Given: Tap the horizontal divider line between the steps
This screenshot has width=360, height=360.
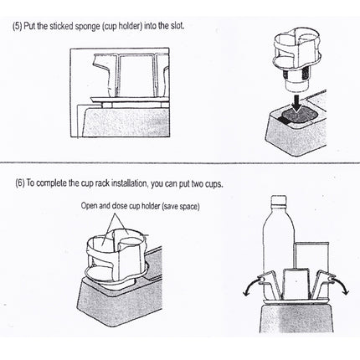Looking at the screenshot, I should [x=180, y=162].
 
